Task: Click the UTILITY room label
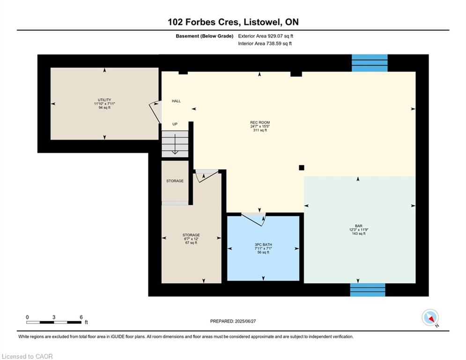click(x=104, y=104)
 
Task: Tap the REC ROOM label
click(x=260, y=126)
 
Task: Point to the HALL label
click(x=176, y=101)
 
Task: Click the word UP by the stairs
click(x=175, y=124)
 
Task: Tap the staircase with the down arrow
click(x=175, y=144)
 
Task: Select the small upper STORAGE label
click(x=175, y=181)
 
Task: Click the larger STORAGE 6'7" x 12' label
click(x=191, y=239)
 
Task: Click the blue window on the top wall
click(x=370, y=63)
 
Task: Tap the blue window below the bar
click(x=368, y=290)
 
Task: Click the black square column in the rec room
click(x=302, y=168)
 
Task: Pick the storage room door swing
click(x=207, y=176)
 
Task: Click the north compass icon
click(x=430, y=318)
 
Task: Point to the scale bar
click(x=54, y=322)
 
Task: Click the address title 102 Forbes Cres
click(x=233, y=22)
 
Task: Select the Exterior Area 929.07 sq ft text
click(x=266, y=36)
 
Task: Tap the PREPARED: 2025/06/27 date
click(x=233, y=321)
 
